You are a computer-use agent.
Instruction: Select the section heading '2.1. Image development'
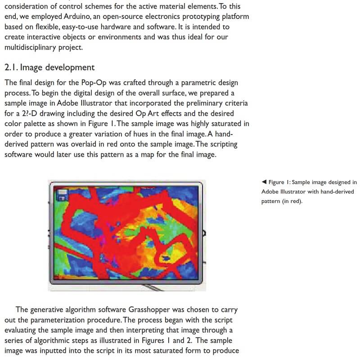(x=49, y=67)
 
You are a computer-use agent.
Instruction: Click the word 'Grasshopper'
(x=149, y=310)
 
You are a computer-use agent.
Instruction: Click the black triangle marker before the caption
(x=264, y=182)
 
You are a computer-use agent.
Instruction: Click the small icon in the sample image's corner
(x=61, y=194)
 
